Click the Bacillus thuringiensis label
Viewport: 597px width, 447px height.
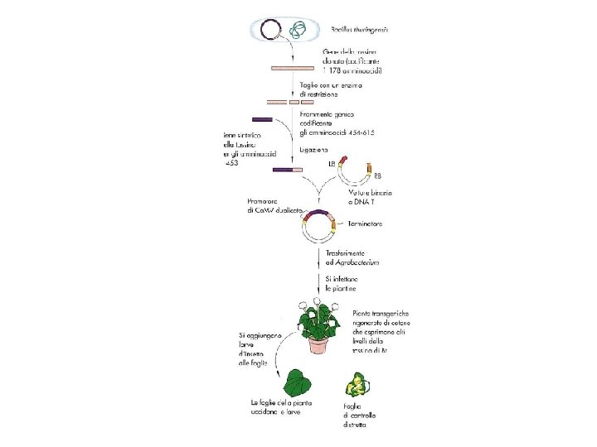tap(361, 30)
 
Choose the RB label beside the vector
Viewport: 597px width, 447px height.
tap(378, 176)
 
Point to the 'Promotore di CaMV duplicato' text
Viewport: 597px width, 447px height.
tap(274, 206)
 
